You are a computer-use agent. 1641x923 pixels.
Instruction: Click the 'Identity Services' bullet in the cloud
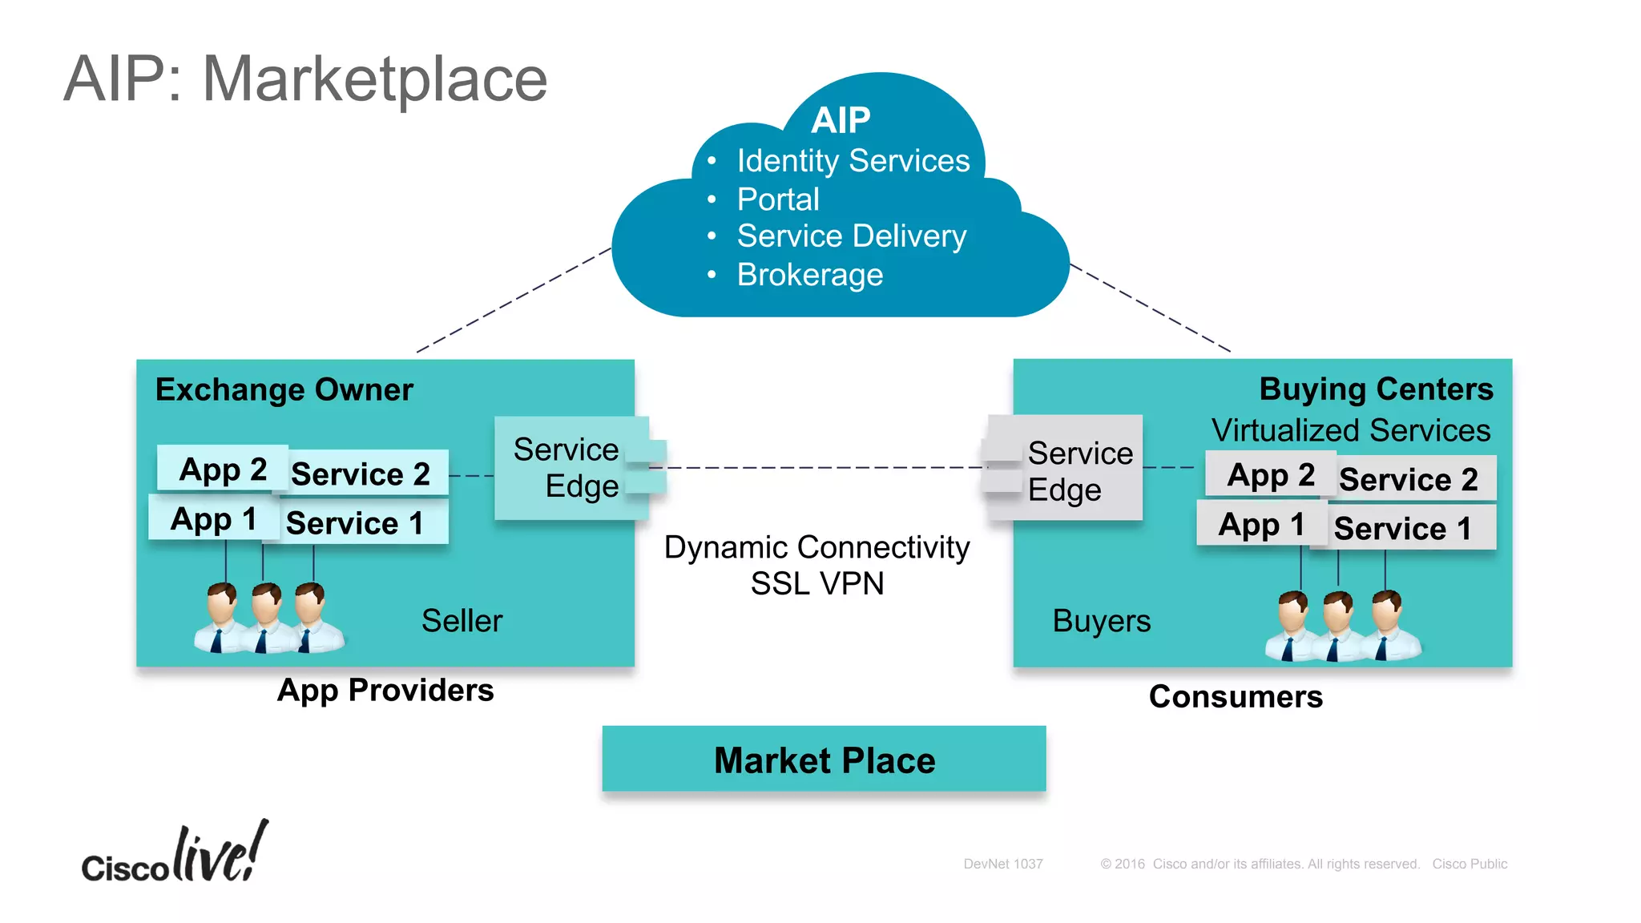coord(853,161)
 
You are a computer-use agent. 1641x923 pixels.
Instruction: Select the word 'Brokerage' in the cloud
coord(809,275)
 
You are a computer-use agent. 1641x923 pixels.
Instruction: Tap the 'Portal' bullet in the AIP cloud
coord(777,200)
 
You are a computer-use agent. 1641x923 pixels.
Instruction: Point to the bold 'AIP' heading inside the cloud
coord(840,121)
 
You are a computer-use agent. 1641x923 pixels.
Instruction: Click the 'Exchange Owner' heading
coord(284,389)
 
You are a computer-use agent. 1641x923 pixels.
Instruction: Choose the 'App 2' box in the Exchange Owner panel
coord(222,469)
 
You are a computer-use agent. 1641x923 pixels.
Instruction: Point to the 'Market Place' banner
coord(824,760)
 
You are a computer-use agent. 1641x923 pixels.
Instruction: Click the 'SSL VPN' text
coord(816,583)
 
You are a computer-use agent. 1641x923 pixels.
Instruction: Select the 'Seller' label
coord(462,621)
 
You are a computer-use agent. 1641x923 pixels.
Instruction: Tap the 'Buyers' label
coord(1101,621)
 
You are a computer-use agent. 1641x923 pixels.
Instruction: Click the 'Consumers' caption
coord(1235,696)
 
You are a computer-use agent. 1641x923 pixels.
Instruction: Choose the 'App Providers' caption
coord(385,690)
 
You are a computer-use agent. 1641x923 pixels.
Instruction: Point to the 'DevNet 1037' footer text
coord(1002,864)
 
